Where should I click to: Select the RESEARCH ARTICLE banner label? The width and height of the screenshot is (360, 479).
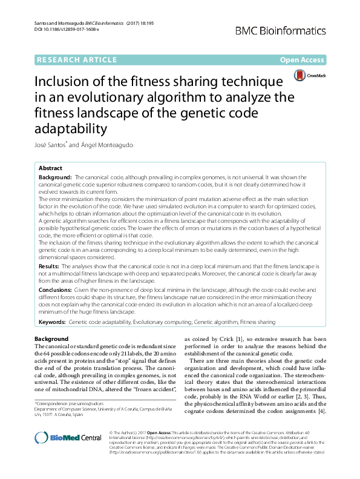point(77,59)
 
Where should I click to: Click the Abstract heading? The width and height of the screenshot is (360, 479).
point(50,168)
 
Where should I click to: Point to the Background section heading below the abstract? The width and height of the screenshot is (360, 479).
point(51,339)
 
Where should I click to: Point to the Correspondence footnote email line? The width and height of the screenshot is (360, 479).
point(68,403)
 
